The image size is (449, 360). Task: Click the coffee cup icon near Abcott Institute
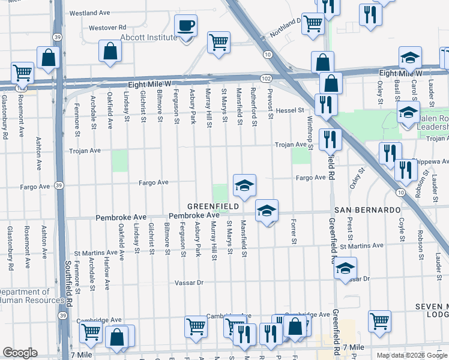185,26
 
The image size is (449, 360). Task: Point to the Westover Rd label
107,28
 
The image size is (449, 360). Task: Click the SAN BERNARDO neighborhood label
367,210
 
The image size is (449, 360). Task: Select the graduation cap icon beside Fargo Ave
244,185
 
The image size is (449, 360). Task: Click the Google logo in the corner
20,353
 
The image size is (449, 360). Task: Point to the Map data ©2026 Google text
412,355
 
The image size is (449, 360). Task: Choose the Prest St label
349,233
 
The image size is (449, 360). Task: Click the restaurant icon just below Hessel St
326,105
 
